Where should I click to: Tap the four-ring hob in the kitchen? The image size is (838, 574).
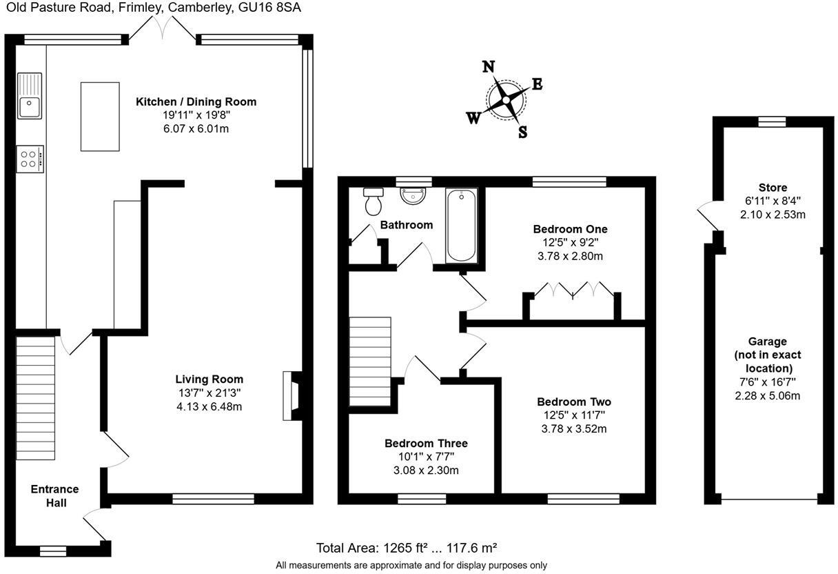(30, 159)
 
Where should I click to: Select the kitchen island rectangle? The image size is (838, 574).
(100, 116)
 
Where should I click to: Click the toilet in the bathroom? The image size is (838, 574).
(374, 201)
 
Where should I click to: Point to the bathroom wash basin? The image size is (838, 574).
(414, 195)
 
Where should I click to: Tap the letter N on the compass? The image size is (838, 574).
(489, 66)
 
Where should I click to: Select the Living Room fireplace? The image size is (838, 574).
(291, 396)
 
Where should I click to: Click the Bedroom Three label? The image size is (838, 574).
(426, 443)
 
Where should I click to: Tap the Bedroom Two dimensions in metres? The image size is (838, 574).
(574, 428)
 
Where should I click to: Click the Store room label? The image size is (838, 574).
(773, 188)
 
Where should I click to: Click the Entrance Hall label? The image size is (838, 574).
(55, 496)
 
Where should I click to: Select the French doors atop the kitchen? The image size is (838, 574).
(163, 30)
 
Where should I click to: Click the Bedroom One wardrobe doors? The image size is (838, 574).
(573, 290)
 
